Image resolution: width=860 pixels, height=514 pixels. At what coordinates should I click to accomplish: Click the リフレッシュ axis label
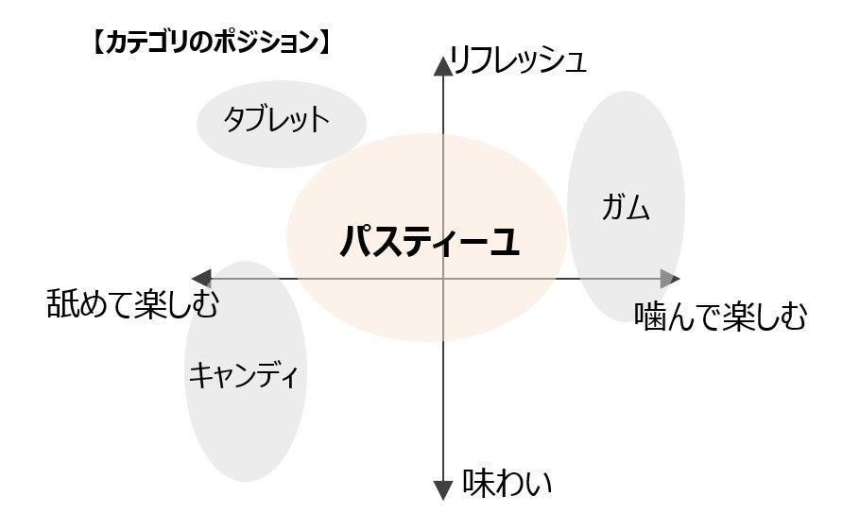(519, 62)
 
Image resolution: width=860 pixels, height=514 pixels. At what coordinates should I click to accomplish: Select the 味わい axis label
(507, 484)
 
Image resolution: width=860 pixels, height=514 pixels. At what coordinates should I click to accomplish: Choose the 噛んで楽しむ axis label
(721, 317)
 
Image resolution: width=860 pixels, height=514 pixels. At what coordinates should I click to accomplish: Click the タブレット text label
(277, 121)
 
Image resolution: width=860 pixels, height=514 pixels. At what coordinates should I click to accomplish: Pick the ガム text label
(626, 208)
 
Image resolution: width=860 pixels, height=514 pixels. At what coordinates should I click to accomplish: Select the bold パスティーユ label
(430, 243)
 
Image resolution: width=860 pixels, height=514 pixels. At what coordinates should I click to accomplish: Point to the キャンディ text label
(244, 376)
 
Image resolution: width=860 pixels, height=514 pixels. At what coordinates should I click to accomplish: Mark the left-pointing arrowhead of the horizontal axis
(201, 279)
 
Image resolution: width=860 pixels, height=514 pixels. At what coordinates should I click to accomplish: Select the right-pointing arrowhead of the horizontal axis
(669, 279)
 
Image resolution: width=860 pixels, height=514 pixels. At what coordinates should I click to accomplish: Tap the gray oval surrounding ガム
(626, 142)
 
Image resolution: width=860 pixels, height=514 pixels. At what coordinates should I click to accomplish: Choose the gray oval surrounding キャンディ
(244, 435)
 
